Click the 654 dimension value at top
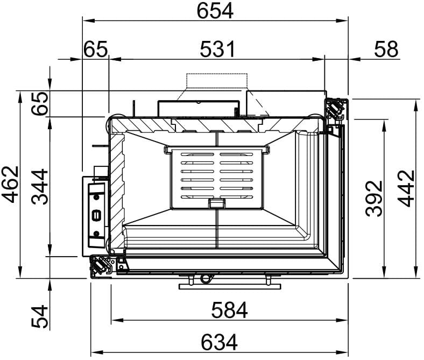(215, 11)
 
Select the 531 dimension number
(217, 49)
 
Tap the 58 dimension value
(386, 49)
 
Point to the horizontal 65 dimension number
(95, 49)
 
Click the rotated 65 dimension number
(40, 103)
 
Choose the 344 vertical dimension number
(40, 187)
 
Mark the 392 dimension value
(374, 199)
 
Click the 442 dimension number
(406, 188)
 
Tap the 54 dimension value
(40, 316)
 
